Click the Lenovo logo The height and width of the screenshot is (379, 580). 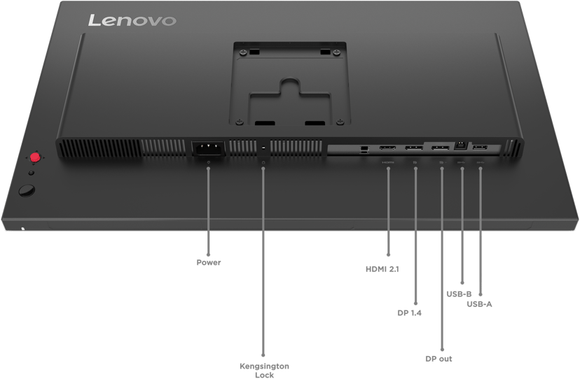(x=132, y=20)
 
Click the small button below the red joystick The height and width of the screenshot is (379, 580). (x=30, y=172)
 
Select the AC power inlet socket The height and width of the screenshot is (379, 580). (x=208, y=148)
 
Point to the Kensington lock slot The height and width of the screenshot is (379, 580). (x=263, y=148)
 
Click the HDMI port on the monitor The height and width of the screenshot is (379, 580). (x=388, y=148)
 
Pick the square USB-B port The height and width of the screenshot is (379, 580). (x=461, y=146)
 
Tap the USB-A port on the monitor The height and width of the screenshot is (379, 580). (x=481, y=148)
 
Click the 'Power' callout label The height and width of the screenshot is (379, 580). (x=208, y=264)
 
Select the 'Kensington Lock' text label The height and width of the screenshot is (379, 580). (x=263, y=370)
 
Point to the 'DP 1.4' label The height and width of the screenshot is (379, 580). (x=409, y=313)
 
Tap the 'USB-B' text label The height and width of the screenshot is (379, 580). (x=459, y=294)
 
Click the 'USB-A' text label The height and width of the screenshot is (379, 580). (x=480, y=303)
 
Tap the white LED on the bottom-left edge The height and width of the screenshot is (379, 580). (x=23, y=227)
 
